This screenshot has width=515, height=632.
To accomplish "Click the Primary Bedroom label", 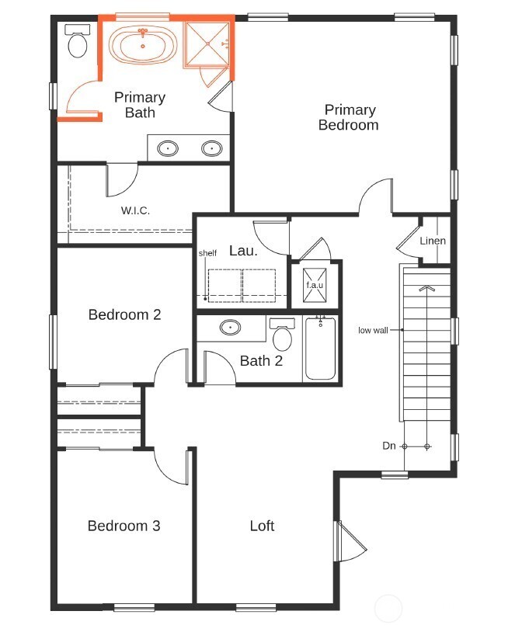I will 350,117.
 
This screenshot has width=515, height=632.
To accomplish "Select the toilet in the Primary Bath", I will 77,43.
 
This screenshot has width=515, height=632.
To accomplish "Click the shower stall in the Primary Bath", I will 207,46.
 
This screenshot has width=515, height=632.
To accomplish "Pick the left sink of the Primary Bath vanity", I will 168,148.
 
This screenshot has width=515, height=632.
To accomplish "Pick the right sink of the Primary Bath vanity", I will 211,148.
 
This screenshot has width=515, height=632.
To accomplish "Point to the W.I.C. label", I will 135,210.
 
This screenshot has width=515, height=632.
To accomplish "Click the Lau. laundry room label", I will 243,251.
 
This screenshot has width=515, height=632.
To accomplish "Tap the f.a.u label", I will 314,285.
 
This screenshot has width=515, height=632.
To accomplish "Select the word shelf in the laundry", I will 207,253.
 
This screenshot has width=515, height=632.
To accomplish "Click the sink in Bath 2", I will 231,328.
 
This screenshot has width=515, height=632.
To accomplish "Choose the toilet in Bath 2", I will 282,336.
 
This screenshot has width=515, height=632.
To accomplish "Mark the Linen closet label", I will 433,241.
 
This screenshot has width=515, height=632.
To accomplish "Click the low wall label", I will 373,330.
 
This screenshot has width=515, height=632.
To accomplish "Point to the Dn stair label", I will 390,446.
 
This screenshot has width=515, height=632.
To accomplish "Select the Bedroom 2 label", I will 124,314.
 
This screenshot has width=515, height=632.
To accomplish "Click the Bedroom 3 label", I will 124,526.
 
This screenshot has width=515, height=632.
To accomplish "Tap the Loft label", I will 262,526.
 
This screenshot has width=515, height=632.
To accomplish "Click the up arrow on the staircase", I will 425,289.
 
